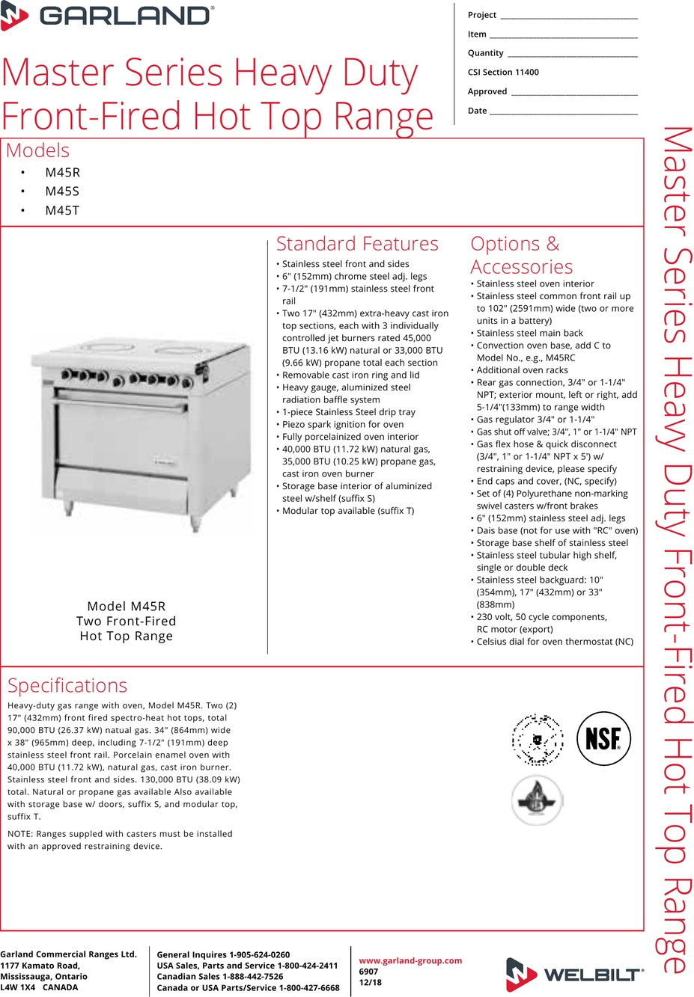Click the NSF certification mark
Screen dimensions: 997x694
click(603, 739)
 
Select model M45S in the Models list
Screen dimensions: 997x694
click(62, 191)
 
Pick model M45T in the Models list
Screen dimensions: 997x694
click(62, 211)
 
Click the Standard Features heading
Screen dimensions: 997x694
click(357, 244)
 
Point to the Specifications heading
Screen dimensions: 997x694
click(67, 685)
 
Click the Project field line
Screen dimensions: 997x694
click(568, 16)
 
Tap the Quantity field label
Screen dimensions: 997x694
click(485, 53)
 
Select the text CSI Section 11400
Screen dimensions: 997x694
click(503, 73)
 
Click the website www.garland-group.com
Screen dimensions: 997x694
click(410, 960)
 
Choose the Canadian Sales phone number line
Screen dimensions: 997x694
click(220, 976)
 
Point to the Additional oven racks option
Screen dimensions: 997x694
click(522, 370)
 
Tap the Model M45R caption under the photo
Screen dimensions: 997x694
click(127, 607)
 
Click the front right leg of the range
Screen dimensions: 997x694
click(195, 521)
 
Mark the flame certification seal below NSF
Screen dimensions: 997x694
click(536, 800)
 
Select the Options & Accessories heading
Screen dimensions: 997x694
click(521, 255)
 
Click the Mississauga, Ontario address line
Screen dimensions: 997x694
click(43, 976)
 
